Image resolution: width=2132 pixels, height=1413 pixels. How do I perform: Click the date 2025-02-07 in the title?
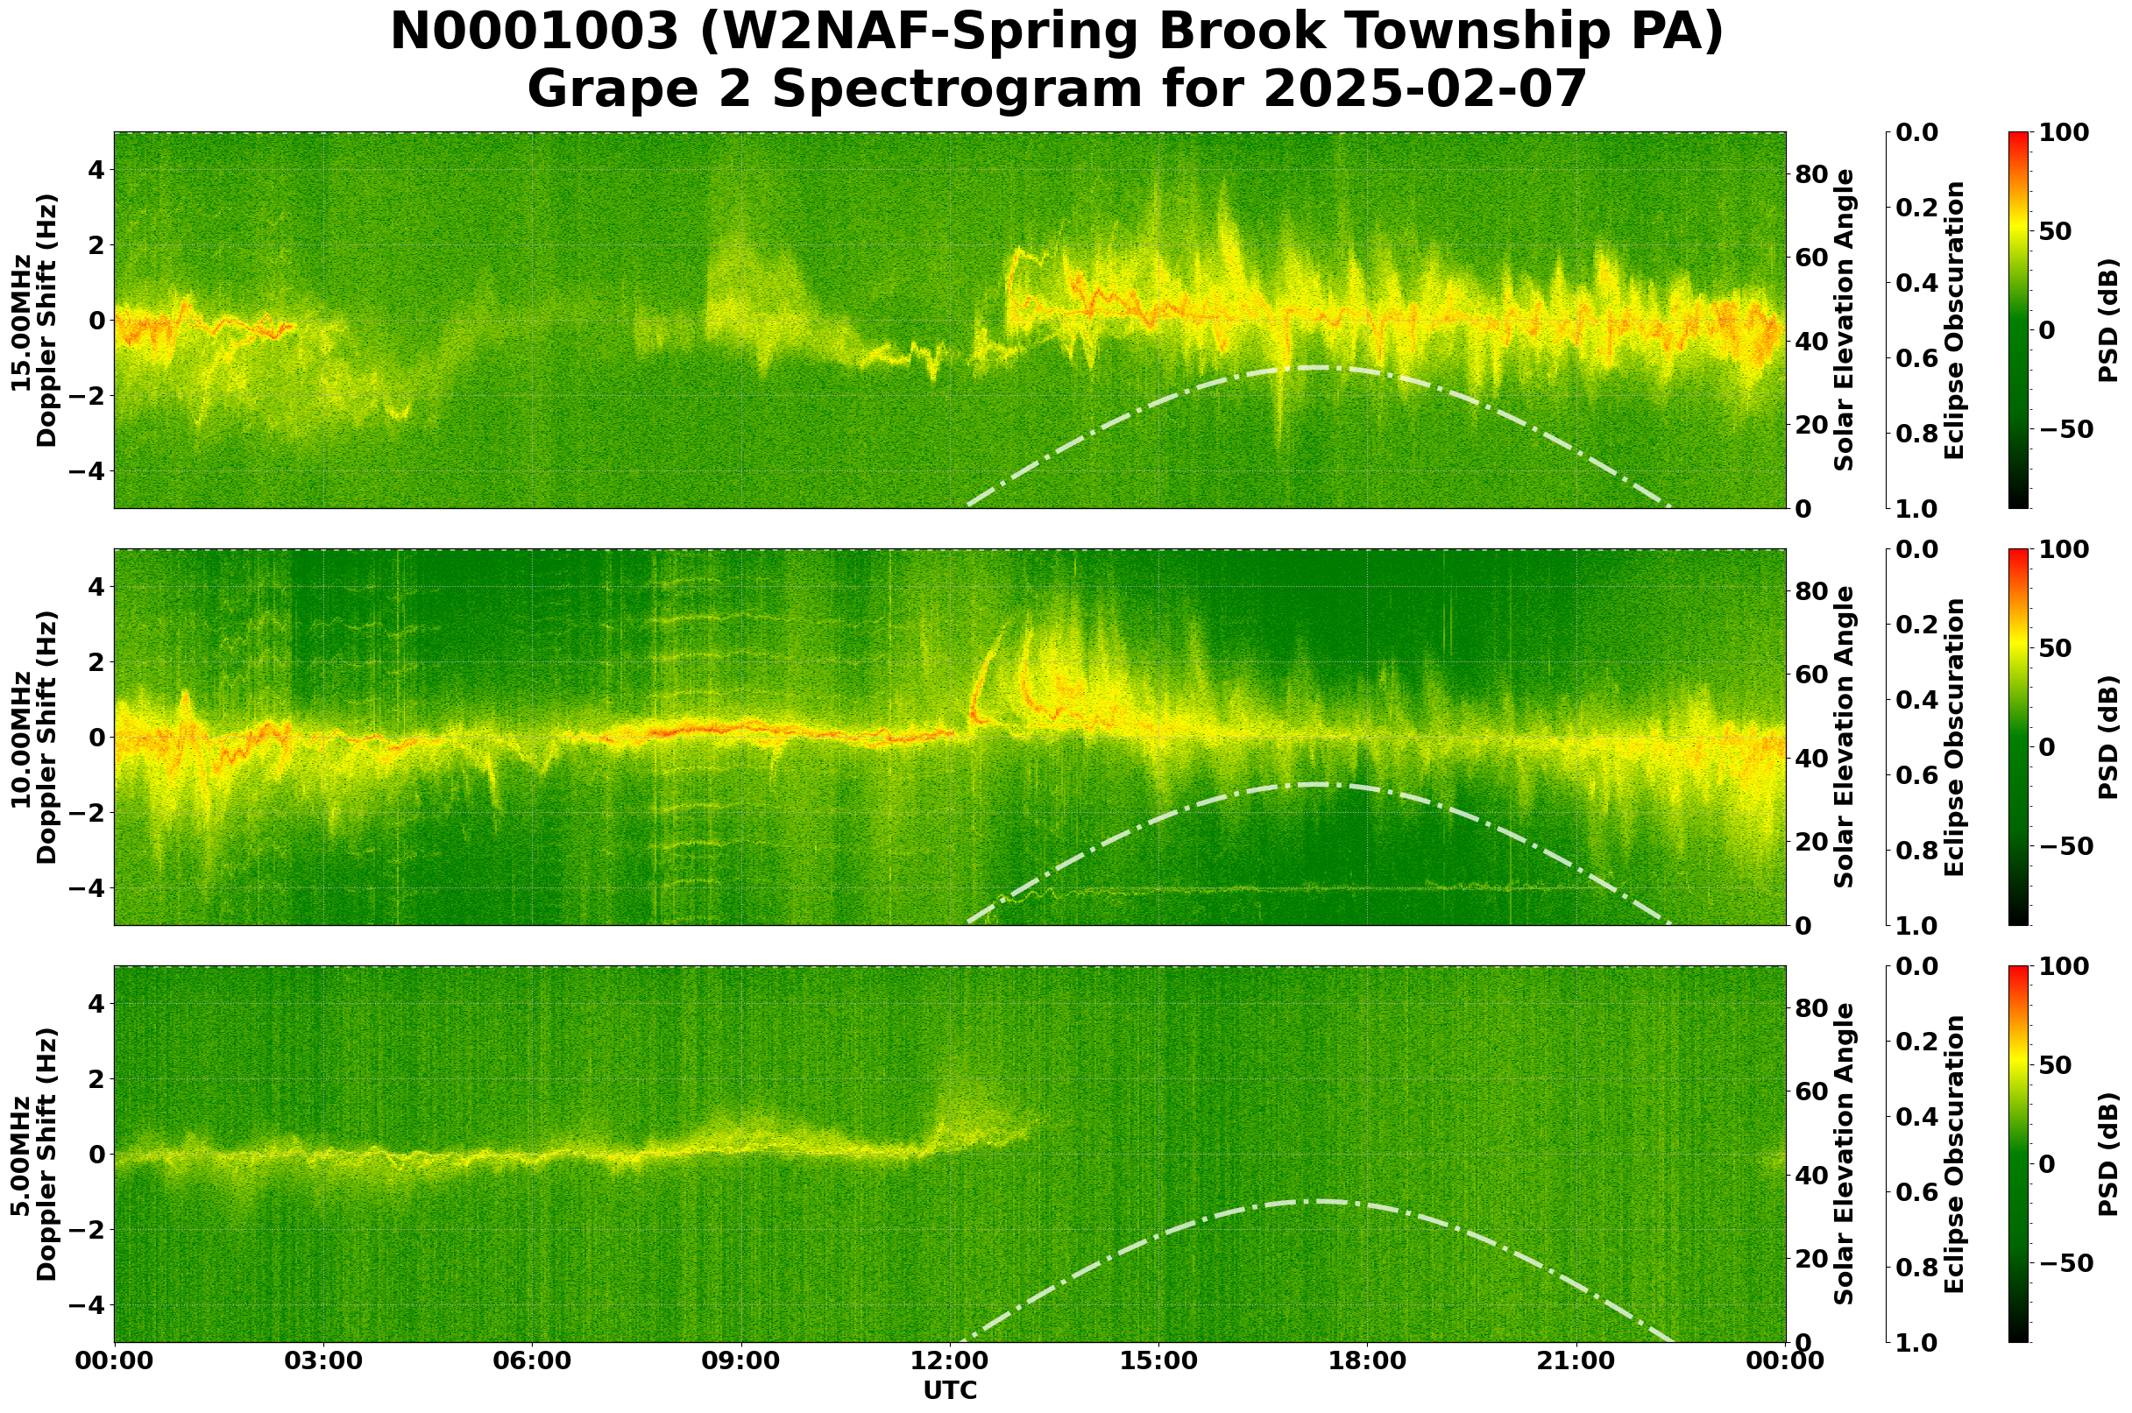point(1424,89)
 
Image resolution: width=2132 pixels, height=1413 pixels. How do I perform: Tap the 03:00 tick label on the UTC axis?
point(323,1361)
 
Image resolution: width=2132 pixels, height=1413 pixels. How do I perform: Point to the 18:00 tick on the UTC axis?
point(1368,1361)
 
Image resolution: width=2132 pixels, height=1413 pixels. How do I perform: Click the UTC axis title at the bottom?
point(949,1390)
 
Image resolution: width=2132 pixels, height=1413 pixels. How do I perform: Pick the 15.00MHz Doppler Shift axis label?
point(33,320)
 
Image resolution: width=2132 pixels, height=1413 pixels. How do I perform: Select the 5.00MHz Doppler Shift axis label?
point(33,1154)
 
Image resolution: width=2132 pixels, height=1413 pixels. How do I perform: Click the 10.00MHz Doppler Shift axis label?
point(33,737)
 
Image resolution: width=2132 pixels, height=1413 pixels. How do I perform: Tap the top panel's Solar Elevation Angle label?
point(1845,320)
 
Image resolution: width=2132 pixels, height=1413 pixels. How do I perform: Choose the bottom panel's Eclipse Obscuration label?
point(1953,1154)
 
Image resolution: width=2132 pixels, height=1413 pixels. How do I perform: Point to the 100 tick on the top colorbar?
point(2064,132)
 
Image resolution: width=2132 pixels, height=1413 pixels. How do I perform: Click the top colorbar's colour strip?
point(2018,320)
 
